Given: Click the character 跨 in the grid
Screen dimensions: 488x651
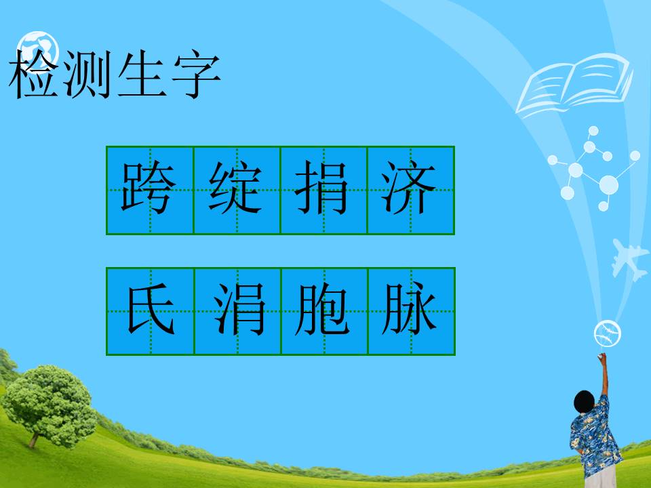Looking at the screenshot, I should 149,189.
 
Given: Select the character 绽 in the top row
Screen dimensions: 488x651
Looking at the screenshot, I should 236,189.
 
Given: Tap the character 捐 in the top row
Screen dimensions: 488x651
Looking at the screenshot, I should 323,189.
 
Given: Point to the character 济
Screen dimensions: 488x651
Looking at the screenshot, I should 410,189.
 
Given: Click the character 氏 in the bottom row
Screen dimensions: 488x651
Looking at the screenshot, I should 150,311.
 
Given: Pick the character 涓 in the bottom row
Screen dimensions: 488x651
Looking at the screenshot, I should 237,311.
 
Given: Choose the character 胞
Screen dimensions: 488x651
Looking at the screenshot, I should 323,311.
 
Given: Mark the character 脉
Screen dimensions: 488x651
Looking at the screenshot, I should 410,311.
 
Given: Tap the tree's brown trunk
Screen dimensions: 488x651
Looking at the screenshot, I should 33,439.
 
